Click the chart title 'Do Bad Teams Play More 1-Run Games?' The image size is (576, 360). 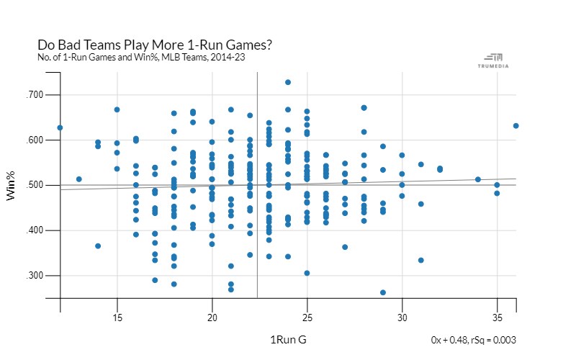(x=154, y=45)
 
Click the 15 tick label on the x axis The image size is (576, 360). (x=117, y=317)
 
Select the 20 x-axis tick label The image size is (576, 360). (x=212, y=317)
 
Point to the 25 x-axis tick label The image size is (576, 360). (x=307, y=317)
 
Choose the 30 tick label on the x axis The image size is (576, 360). (x=402, y=317)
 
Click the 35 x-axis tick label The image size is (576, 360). (x=497, y=317)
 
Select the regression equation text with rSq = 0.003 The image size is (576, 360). (x=473, y=340)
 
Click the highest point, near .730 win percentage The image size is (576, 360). (x=288, y=82)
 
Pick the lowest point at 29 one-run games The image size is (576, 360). (x=383, y=292)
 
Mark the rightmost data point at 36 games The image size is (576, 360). (x=516, y=126)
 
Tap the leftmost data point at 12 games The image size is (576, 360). (x=60, y=127)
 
